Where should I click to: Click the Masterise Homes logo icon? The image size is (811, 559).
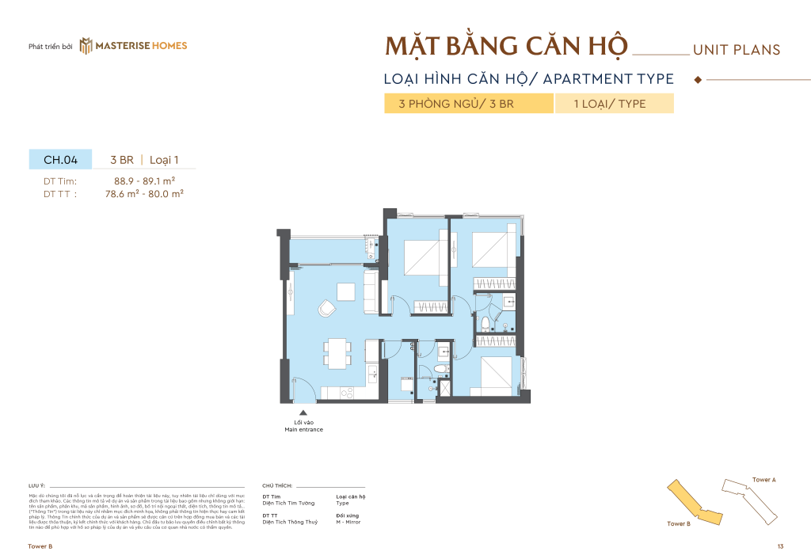[86, 46]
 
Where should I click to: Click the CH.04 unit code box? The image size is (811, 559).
[60, 159]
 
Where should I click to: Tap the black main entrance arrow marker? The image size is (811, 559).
[303, 412]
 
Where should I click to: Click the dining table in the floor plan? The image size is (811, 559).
[337, 353]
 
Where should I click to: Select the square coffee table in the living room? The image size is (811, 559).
[345, 291]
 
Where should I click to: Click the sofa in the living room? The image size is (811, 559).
[370, 291]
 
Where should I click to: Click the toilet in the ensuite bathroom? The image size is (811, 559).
[485, 322]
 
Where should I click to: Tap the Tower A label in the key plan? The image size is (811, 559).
[763, 480]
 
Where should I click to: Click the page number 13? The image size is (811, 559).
[780, 547]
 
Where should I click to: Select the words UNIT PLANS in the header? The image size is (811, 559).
[736, 50]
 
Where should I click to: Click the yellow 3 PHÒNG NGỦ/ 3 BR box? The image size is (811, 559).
[468, 104]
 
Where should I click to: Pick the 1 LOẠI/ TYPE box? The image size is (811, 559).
[614, 104]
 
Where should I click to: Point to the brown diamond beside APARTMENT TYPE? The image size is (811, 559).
[698, 79]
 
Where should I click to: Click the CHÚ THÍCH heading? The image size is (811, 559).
[277, 485]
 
